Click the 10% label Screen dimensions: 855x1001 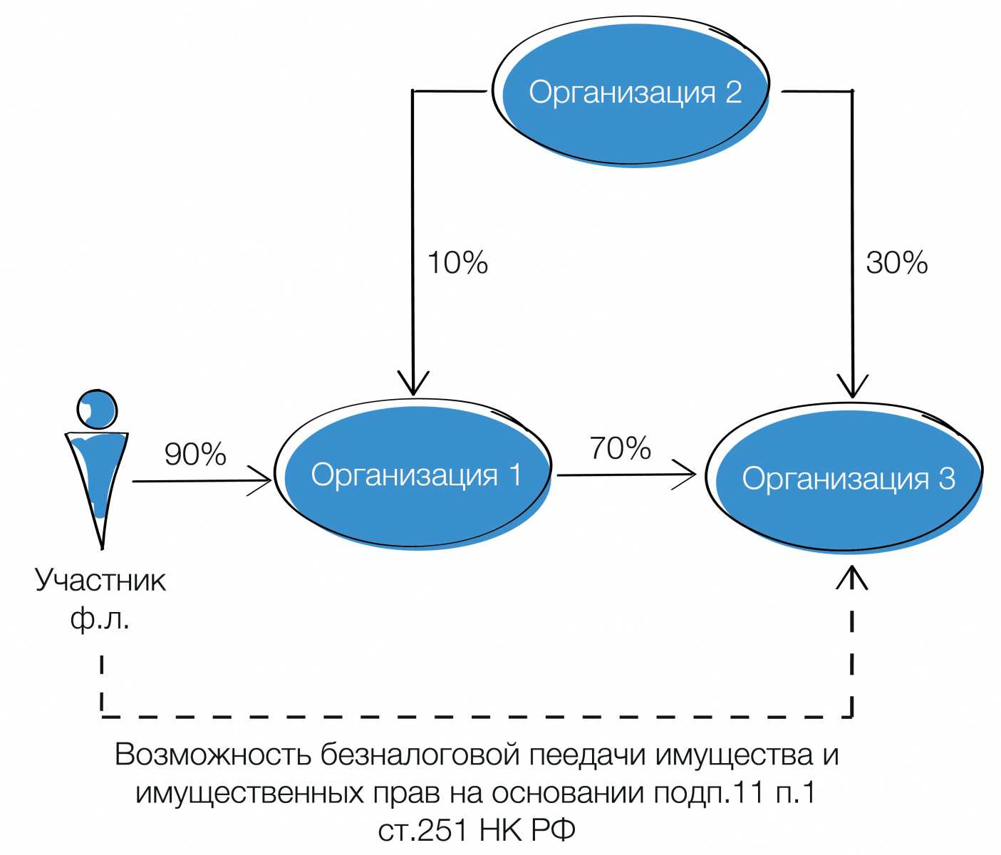(x=457, y=263)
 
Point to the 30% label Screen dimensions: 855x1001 (x=896, y=263)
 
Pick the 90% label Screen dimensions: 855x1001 (x=195, y=455)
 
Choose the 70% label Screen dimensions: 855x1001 (x=620, y=448)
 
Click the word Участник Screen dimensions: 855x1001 (x=100, y=581)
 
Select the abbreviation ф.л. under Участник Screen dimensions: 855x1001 (x=100, y=618)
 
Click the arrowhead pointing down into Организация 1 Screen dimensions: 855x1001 (x=413, y=385)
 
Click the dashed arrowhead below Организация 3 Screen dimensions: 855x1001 (x=852, y=577)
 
